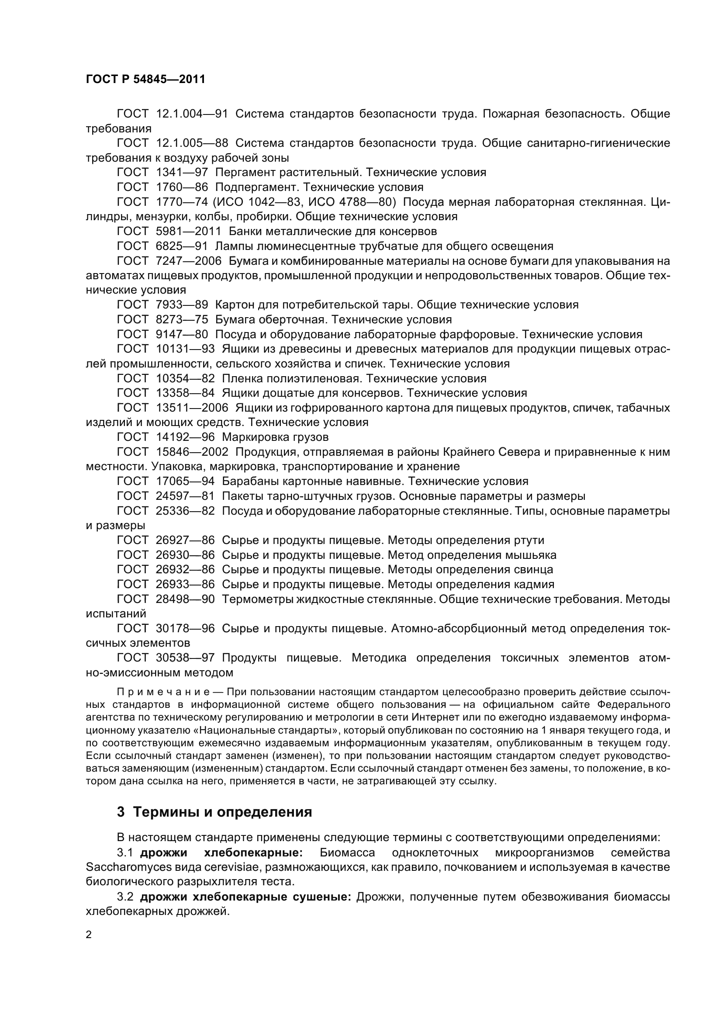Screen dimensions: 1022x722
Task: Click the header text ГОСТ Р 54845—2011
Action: click(145, 79)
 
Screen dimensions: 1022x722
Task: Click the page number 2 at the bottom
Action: click(89, 934)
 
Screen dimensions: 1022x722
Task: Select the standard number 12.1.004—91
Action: click(192, 114)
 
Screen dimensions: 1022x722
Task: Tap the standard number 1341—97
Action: click(182, 172)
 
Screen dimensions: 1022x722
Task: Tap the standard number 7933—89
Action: click(182, 305)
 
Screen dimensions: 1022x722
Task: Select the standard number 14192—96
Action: click(185, 437)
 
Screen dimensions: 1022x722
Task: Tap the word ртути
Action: click(529, 540)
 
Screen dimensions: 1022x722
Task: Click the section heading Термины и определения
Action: click(222, 812)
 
